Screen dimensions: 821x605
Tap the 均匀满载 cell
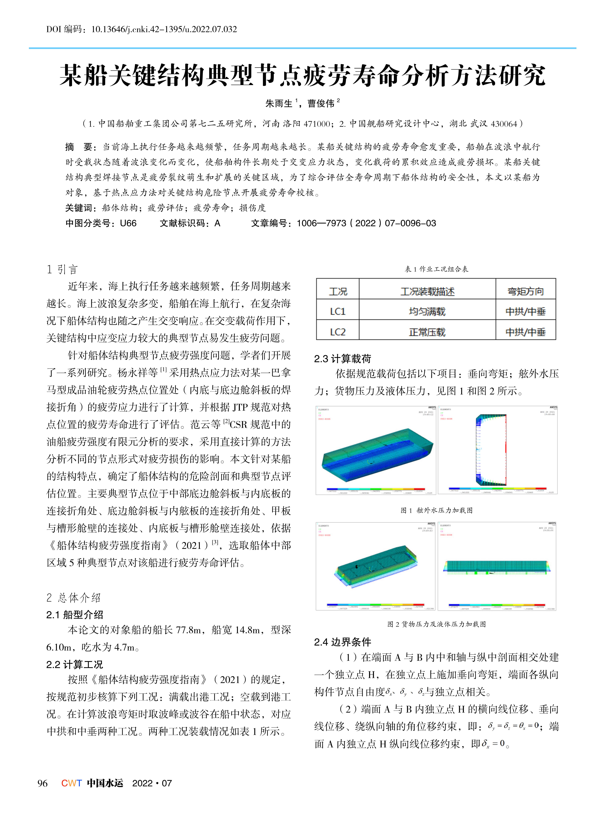[x=427, y=311]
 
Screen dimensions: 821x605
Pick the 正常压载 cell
[x=427, y=332]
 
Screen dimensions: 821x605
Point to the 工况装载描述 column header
[x=427, y=291]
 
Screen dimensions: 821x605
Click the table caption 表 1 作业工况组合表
[x=436, y=269]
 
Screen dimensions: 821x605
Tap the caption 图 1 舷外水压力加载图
[x=436, y=510]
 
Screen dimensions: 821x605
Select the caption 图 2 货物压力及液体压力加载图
[x=436, y=624]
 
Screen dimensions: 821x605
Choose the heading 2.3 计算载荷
[x=342, y=359]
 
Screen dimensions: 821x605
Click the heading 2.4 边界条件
[x=342, y=642]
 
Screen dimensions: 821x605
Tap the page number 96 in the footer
[x=42, y=783]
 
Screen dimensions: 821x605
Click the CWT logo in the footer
[x=71, y=783]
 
